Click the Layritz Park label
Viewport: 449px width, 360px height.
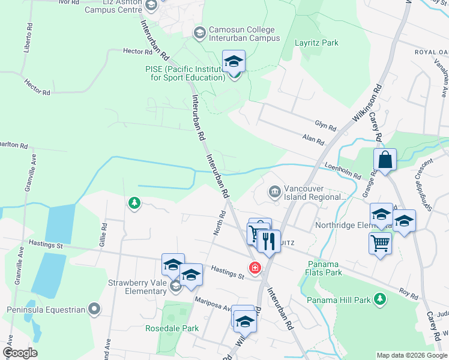pos(316,43)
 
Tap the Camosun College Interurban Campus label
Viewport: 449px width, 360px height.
pos(244,34)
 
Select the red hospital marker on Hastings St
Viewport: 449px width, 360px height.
pos(255,267)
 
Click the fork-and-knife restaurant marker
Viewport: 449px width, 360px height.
pos(268,241)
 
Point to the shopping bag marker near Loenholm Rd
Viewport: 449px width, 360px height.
pos(385,160)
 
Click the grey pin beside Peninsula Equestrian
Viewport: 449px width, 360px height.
pos(94,310)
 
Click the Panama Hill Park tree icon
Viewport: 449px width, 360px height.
pos(379,298)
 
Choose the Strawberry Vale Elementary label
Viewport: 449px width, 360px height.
pos(137,287)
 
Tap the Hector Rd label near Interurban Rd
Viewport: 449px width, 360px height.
pos(135,52)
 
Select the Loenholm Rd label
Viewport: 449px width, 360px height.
pos(342,172)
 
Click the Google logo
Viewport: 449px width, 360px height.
pos(20,353)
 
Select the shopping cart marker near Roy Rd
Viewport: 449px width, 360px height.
pos(379,243)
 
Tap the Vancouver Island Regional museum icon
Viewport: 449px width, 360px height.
pos(274,192)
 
